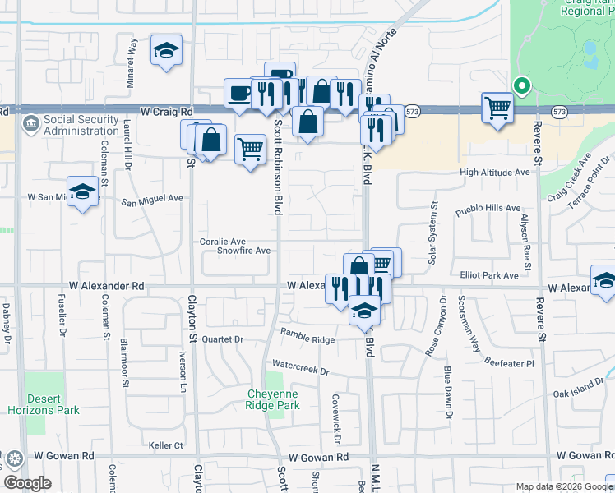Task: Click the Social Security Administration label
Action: tap(81, 125)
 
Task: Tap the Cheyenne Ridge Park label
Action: tap(273, 399)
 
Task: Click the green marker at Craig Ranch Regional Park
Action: tap(520, 85)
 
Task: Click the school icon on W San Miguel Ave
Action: tap(82, 192)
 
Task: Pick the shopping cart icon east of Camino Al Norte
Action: tap(497, 108)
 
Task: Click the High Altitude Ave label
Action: tap(495, 173)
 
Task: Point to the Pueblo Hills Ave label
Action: tap(489, 209)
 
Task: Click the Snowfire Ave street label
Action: tap(243, 251)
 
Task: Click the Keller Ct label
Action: tap(165, 445)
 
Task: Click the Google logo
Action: tap(27, 483)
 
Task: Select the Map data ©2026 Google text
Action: tap(563, 486)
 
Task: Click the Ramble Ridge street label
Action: tap(307, 336)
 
